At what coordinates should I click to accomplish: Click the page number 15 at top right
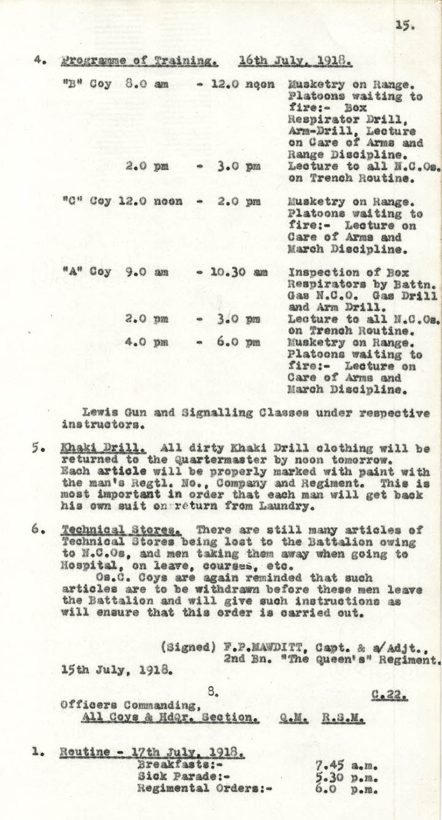[x=406, y=26]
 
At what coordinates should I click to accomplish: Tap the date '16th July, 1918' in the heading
[x=295, y=61]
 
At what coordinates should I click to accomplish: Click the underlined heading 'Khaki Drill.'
[x=103, y=449]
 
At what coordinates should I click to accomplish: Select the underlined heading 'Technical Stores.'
[x=122, y=530]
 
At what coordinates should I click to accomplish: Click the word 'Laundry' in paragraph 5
[x=295, y=507]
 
